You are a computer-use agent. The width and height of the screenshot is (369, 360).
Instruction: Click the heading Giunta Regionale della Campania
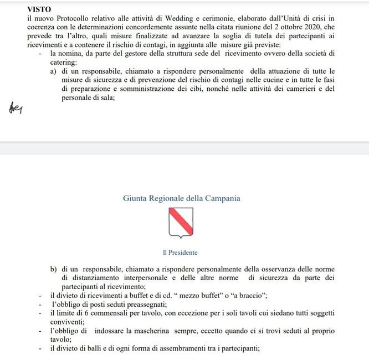coord(182,198)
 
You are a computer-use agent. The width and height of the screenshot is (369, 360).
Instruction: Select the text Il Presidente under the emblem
coord(180,253)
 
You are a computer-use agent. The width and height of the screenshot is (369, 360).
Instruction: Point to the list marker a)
coord(54,71)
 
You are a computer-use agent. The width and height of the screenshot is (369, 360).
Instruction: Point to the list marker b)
coord(54,269)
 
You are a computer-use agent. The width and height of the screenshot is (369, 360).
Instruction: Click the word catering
coord(64,63)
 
